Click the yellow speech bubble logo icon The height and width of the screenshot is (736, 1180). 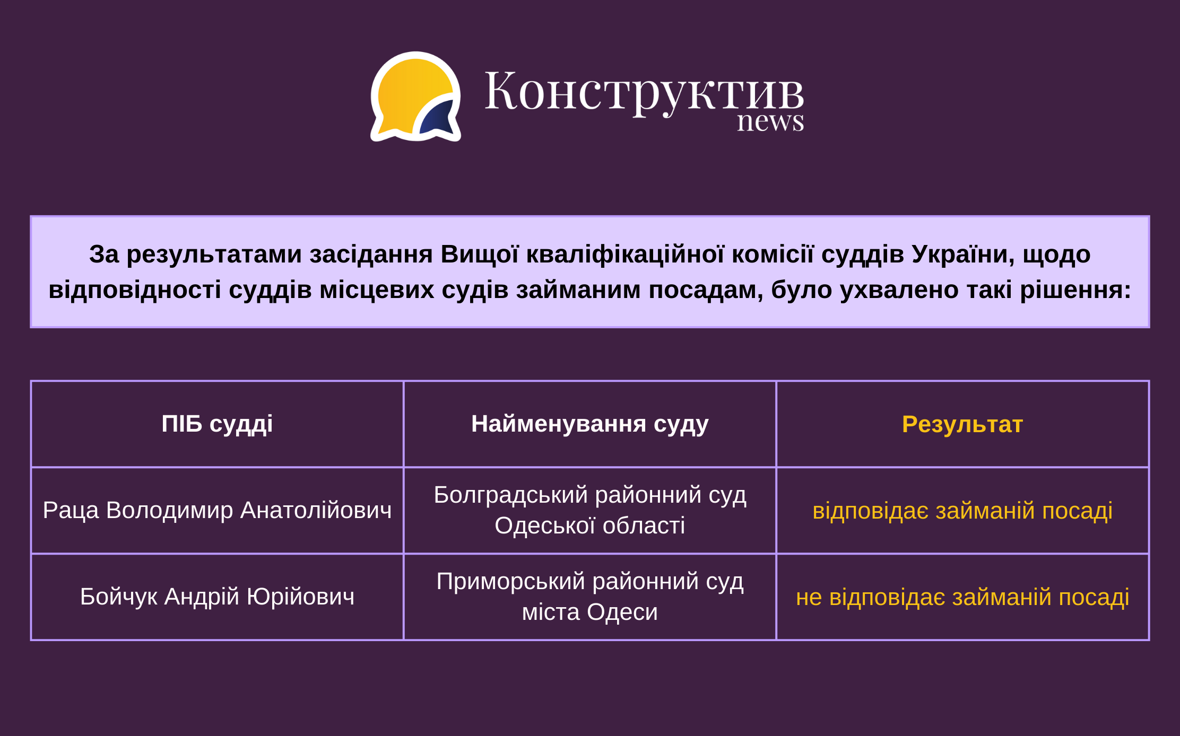point(415,97)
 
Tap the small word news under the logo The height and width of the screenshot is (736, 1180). point(770,121)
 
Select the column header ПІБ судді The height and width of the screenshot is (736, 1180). point(217,424)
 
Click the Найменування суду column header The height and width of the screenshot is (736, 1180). point(589,424)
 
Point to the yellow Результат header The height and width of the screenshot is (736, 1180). point(962,424)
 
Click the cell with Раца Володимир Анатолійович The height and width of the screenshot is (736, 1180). point(217,510)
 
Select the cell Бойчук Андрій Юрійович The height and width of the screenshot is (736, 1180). point(217,597)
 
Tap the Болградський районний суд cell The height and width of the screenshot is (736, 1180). point(590,510)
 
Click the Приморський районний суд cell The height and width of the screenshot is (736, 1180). point(590,597)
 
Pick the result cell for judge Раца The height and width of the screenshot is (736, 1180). point(962,511)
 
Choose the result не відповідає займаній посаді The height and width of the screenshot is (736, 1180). point(962,597)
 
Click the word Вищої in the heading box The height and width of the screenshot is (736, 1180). point(480,254)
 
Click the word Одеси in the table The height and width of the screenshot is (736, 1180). point(622,612)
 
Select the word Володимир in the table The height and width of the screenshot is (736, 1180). point(170,510)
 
